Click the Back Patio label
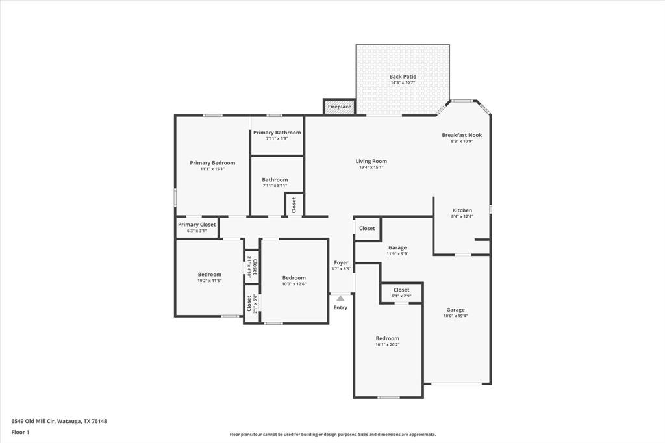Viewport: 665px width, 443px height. (x=403, y=77)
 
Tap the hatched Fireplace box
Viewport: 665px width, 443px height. (x=339, y=107)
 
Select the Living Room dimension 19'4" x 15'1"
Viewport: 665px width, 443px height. (x=371, y=168)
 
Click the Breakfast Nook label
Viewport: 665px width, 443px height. (x=462, y=135)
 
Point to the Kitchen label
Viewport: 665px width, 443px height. (x=462, y=210)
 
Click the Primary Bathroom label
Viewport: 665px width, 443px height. (x=277, y=133)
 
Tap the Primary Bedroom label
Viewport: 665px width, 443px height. (x=212, y=163)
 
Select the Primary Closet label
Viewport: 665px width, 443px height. (x=197, y=225)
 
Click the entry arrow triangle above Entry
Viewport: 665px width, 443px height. (x=340, y=298)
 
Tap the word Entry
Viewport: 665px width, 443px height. (x=340, y=308)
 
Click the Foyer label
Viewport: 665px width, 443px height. (x=341, y=262)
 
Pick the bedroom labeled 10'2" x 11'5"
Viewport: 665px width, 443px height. (x=209, y=277)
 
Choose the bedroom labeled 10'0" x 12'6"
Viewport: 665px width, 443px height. (x=294, y=281)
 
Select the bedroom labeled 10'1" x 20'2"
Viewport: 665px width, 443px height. (x=387, y=341)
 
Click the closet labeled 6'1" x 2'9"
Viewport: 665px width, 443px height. (x=401, y=292)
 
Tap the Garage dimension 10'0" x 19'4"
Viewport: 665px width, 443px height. (x=455, y=316)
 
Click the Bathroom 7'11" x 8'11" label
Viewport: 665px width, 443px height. (x=275, y=183)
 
